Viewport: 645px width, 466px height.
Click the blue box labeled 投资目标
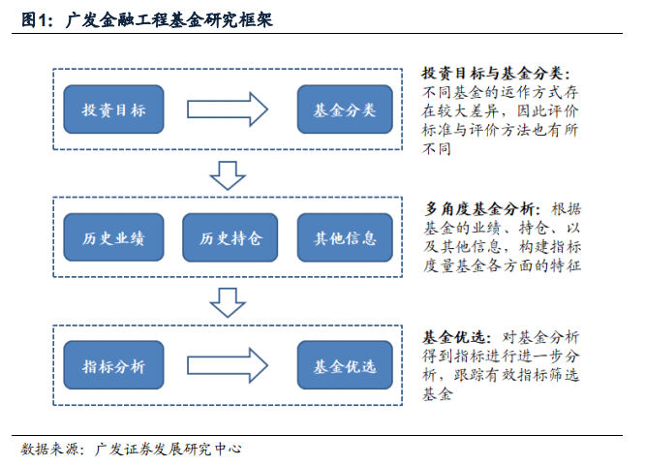point(113,109)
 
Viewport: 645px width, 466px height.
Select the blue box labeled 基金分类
point(345,109)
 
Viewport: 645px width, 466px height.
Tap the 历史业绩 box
point(113,237)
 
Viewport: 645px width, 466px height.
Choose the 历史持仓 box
point(230,237)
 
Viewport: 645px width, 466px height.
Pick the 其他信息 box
point(345,237)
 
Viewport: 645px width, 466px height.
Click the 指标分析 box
point(113,365)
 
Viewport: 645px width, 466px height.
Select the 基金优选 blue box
point(345,365)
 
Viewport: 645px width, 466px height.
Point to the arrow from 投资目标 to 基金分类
point(228,109)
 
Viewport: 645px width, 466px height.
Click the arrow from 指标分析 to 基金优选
point(228,365)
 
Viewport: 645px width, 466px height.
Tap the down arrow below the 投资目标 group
point(228,175)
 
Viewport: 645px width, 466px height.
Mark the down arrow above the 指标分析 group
point(228,303)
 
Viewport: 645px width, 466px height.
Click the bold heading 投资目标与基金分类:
point(496,74)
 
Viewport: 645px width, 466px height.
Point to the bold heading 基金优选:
point(456,337)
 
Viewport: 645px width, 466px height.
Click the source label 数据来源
point(49,449)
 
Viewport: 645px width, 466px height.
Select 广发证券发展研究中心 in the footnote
point(169,449)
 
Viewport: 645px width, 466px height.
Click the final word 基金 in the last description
point(437,394)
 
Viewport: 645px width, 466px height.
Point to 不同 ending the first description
point(437,149)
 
